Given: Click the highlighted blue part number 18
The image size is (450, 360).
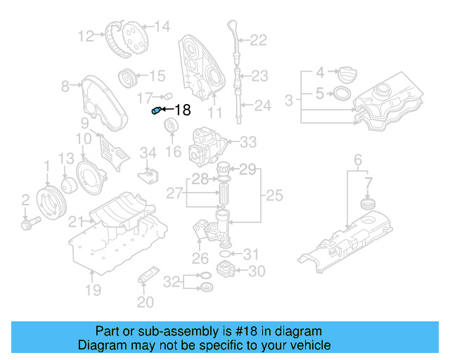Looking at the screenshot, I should coord(157,110).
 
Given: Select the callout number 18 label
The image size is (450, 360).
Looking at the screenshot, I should coord(182,110).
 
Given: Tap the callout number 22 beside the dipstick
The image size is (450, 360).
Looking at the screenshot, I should coord(259,41).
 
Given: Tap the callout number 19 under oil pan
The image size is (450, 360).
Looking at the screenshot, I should coord(93,290).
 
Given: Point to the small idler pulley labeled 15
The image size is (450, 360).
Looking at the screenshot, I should coord(127,76).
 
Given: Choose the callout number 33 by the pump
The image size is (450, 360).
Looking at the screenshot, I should coord(249,143).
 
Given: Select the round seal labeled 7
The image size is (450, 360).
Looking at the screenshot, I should coord(366,204).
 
